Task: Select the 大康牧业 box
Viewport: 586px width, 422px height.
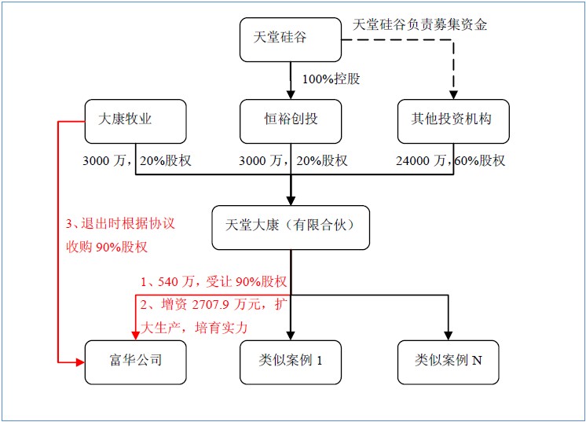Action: coord(136,120)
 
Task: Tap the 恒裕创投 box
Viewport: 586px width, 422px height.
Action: coord(291,120)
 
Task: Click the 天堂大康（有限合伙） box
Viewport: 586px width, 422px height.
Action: coord(291,227)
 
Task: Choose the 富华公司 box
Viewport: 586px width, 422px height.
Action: coord(136,361)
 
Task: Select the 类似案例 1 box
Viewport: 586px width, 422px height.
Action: coord(291,361)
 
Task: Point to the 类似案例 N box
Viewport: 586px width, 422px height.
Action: coord(449,361)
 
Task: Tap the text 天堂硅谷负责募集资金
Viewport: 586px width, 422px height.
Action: coord(420,24)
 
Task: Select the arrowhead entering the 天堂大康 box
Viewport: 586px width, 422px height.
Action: coord(291,200)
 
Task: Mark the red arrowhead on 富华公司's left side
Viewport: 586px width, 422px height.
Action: coord(80,362)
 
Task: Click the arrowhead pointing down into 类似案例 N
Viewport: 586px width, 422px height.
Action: coord(449,335)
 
